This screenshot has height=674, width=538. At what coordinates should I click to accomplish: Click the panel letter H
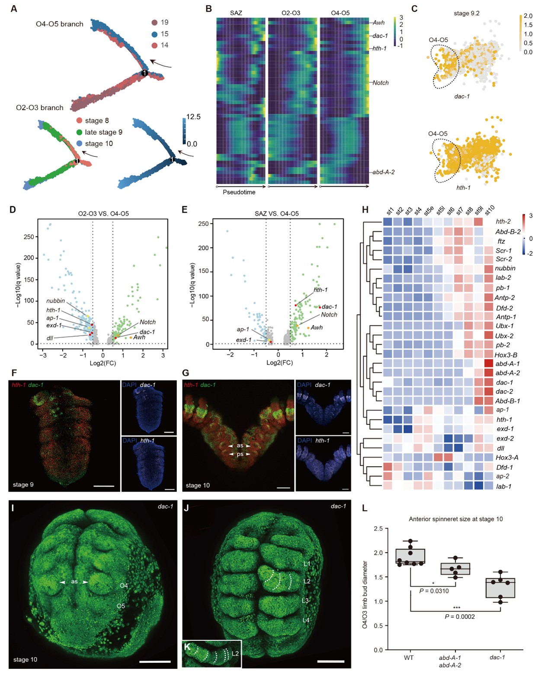pos(365,210)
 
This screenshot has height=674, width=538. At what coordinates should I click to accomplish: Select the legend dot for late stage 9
pos(79,132)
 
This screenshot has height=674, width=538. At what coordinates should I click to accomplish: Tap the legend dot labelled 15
pos(154,34)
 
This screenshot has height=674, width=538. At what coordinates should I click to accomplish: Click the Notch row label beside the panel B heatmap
pos(381,83)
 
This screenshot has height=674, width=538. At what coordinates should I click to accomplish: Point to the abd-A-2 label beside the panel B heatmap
pos(384,172)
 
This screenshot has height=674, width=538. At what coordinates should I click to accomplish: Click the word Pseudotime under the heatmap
pos(239,192)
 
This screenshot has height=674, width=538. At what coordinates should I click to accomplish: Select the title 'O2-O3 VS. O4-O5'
pos(103,213)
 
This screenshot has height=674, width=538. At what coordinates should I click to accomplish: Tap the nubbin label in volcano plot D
pos(56,301)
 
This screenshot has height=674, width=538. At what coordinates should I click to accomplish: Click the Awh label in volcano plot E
pos(317,327)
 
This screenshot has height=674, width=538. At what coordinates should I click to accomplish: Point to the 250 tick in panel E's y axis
pos(203,224)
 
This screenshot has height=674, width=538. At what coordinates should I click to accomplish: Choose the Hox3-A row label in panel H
pos(507,458)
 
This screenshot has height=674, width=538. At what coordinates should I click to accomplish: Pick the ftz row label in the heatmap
pos(501,241)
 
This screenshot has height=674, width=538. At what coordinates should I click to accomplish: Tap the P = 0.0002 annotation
pos(460,617)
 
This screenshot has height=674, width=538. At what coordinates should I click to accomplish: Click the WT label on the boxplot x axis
pos(409,658)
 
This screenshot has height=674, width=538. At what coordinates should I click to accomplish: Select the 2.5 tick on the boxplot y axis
pos(378,528)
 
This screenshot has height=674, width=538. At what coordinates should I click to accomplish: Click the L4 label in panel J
pos(306,620)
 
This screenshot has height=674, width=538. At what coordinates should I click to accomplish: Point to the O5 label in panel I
pos(121,606)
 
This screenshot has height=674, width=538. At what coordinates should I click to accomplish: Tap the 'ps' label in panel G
pos(240,454)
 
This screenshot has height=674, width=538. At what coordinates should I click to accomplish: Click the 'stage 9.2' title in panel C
pos(466,13)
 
